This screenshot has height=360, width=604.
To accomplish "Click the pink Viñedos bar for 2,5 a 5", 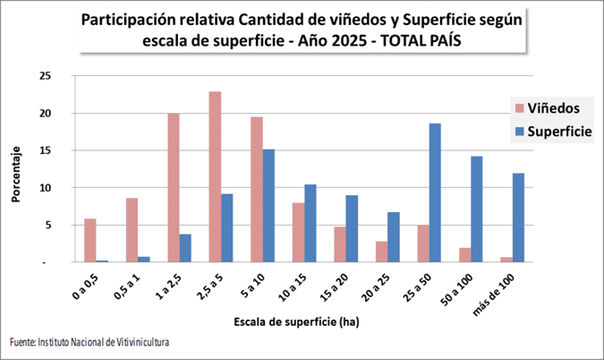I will [215, 176].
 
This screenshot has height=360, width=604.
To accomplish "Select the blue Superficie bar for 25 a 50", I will [435, 193].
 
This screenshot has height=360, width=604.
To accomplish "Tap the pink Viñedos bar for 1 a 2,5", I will [174, 188].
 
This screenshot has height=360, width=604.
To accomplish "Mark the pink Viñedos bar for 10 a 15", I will [298, 232].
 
